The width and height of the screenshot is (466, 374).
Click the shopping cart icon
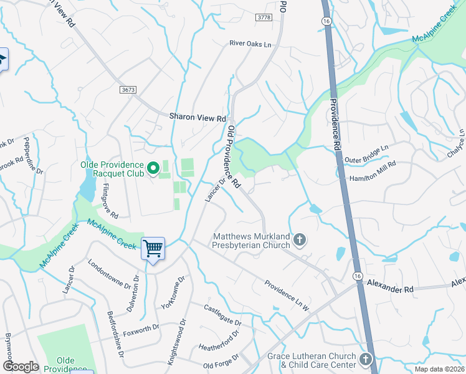pyautogui.click(x=153, y=248)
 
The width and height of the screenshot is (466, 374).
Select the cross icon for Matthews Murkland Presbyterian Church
pyautogui.click(x=300, y=240)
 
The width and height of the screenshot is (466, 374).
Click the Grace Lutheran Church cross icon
pyautogui.click(x=365, y=360)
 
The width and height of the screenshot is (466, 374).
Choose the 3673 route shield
pyautogui.click(x=128, y=90)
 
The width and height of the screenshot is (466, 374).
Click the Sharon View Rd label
pyautogui.click(x=198, y=118)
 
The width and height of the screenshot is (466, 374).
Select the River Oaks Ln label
pyautogui.click(x=250, y=44)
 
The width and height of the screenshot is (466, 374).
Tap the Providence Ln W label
pyautogui.click(x=287, y=294)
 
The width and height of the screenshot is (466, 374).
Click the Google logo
pyautogui.click(x=21, y=367)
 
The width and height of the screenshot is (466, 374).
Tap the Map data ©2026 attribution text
pyautogui.click(x=439, y=369)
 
